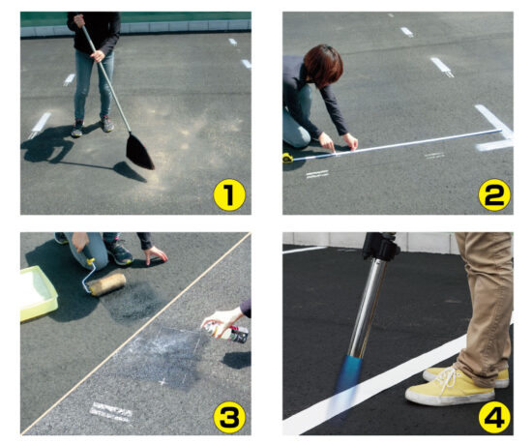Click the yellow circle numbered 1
coord(229,195)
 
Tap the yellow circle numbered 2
coord(494,194)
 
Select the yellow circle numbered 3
coord(229,417)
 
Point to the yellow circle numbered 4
coord(494,417)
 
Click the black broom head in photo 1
coord(139,152)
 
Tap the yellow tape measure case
coord(287,158)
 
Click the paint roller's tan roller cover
coord(107,284)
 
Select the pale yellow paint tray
coord(38,293)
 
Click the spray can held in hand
coord(225,333)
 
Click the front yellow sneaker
coord(449,389)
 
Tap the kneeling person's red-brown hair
coord(323,65)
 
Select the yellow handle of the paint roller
coord(91,261)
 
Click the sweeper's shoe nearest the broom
coord(106,124)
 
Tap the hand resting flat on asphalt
coord(155,254)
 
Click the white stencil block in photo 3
coord(111,411)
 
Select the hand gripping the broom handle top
coord(79,20)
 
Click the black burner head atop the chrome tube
coord(380,246)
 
